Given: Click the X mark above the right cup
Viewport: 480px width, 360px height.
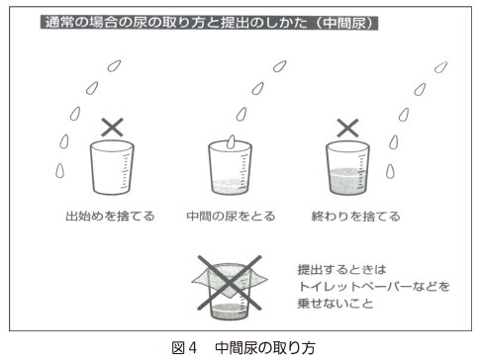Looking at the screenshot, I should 346,127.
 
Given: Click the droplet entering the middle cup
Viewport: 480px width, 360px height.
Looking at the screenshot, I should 230,141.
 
